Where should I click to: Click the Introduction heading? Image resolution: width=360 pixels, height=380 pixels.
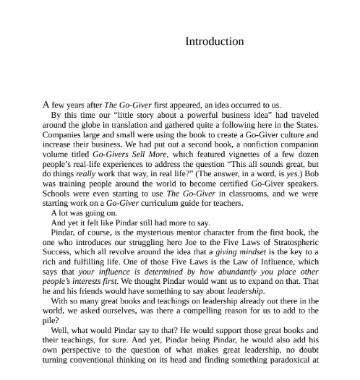pos(214,41)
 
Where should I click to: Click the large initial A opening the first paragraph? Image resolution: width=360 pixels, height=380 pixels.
pos(46,105)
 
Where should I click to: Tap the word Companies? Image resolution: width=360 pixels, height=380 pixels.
pos(64,134)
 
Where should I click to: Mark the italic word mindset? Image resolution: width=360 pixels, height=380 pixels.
pos(248,253)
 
